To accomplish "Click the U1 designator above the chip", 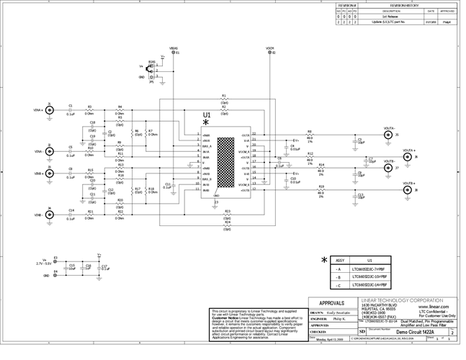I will coord(207,114).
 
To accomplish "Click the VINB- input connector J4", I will coord(49,215).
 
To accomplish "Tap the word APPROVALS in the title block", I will coord(336,303).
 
